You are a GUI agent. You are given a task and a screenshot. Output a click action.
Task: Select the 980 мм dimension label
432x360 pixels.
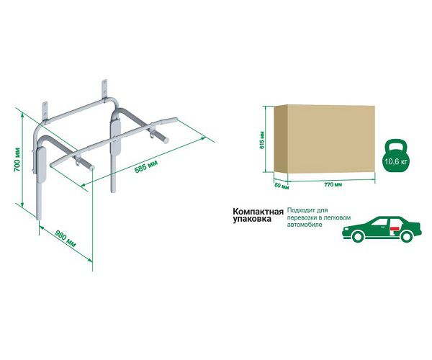click(66, 238)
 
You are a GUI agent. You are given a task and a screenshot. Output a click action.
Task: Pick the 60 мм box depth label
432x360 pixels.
click(282, 186)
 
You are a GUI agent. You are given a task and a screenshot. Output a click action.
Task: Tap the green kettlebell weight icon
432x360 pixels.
click(396, 156)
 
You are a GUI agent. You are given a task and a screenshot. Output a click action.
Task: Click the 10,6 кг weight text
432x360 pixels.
click(395, 161)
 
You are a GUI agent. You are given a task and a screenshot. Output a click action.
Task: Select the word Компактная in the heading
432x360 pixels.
click(258, 212)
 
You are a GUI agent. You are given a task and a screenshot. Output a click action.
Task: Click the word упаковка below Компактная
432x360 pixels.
click(252, 220)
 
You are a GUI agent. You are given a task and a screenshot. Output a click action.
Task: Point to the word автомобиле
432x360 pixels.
click(305, 225)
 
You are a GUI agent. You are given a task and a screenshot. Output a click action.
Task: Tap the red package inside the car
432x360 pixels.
click(395, 228)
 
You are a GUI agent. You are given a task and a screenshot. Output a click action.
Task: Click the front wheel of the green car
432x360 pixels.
click(358, 236)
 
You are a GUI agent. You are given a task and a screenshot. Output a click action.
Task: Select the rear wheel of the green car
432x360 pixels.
click(408, 236)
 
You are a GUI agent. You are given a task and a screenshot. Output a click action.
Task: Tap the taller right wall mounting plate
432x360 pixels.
click(104, 89)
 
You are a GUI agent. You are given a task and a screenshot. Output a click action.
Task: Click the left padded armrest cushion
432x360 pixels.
click(42, 166)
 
